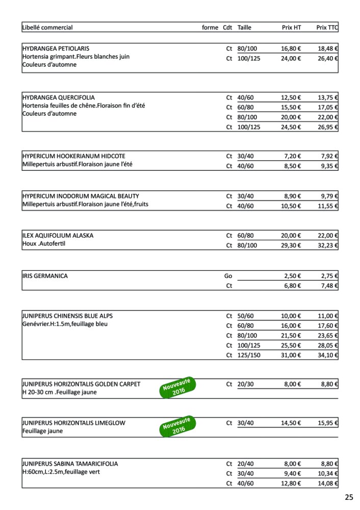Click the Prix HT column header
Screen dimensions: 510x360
[x=291, y=28]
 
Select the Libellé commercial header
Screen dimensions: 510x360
[x=48, y=28]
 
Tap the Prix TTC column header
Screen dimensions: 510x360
[x=327, y=28]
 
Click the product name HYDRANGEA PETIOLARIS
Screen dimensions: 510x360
[x=56, y=48]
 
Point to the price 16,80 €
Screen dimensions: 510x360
[x=291, y=48]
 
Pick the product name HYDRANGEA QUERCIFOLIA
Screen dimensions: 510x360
[x=59, y=97]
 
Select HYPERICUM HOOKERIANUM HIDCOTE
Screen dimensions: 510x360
[x=74, y=156]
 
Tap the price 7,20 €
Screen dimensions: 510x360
[x=293, y=156]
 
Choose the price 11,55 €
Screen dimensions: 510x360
[x=328, y=206]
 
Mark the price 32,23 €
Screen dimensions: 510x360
[x=328, y=245]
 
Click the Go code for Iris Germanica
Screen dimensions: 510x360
[x=228, y=276]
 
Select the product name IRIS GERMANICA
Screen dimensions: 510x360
[x=45, y=276]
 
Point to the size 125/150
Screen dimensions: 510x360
[x=249, y=355]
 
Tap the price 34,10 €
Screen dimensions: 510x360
[x=328, y=355]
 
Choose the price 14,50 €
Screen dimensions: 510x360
[x=291, y=423]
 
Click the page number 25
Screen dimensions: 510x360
[x=349, y=497]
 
